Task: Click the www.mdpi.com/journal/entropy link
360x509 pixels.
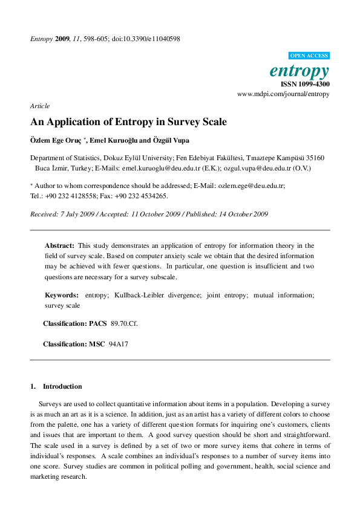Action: click(283, 94)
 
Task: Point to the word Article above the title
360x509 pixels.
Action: click(40, 106)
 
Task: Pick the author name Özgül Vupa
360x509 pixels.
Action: click(171, 140)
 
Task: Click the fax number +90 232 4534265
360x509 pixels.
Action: click(140, 196)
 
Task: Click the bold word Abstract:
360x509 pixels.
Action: click(60, 245)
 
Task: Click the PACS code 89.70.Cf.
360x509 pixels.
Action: click(124, 324)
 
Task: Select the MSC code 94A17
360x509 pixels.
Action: click(119, 344)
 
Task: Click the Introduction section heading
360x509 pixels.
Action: click(62, 386)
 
